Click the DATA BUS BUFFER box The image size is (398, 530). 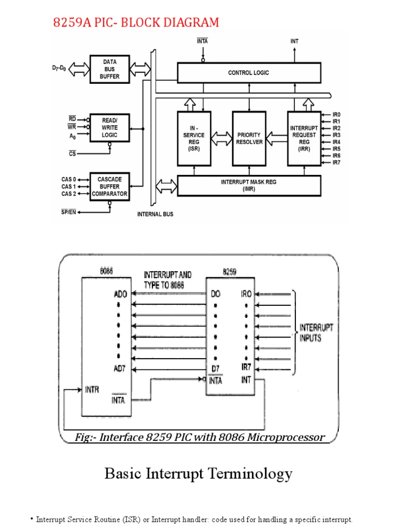(x=109, y=69)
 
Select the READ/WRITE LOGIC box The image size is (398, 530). (x=109, y=128)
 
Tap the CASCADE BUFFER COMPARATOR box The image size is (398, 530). (x=109, y=187)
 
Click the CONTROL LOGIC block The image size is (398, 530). (x=249, y=73)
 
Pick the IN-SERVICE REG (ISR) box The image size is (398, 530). (x=194, y=138)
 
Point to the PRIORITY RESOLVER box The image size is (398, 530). (x=249, y=138)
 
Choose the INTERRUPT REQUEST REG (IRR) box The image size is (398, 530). (x=304, y=138)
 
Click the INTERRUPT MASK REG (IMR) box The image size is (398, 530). (x=249, y=186)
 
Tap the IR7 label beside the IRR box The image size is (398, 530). (x=336, y=163)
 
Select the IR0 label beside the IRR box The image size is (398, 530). (x=336, y=114)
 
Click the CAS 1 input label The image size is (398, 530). (x=68, y=186)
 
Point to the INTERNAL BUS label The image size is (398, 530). (x=155, y=214)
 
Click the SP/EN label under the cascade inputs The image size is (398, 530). (x=69, y=212)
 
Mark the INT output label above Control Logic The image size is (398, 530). (x=294, y=41)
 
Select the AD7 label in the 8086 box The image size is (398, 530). (x=119, y=368)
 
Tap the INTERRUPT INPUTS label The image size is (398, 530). (x=317, y=333)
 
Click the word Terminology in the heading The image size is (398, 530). (x=249, y=473)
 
